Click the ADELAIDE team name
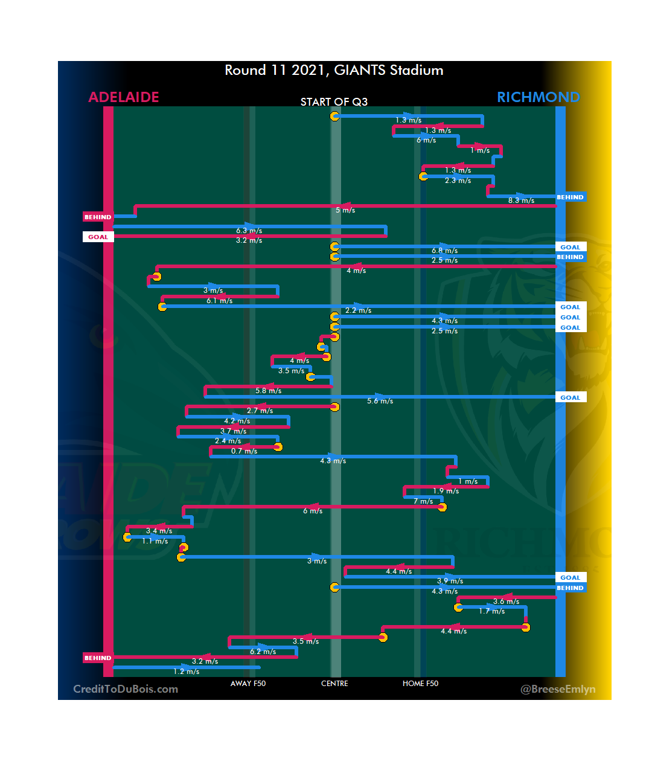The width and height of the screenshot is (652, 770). tap(124, 97)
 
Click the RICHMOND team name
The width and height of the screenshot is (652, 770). tap(538, 97)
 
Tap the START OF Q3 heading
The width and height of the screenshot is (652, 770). tap(334, 101)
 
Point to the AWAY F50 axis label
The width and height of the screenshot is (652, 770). tap(248, 684)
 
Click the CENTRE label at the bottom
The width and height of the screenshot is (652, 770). tap(334, 684)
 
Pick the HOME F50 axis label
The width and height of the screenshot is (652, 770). tap(420, 684)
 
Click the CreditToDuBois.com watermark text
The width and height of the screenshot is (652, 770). tap(126, 689)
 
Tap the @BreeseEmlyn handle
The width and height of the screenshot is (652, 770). tap(558, 689)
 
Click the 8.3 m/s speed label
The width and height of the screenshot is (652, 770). tap(521, 201)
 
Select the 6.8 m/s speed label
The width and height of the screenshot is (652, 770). tap(444, 251)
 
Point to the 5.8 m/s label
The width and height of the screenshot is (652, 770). tap(268, 391)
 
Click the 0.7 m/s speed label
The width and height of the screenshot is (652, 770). tap(244, 451)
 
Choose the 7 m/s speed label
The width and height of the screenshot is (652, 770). tap(423, 501)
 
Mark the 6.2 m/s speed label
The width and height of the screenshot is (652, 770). tap(263, 652)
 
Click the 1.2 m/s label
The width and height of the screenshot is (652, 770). tap(186, 672)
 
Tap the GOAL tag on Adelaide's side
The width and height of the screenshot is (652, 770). tap(98, 237)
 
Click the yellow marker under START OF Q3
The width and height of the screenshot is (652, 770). tap(334, 116)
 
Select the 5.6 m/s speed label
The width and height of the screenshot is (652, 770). tap(380, 401)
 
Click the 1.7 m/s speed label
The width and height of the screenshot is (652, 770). tap(491, 611)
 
